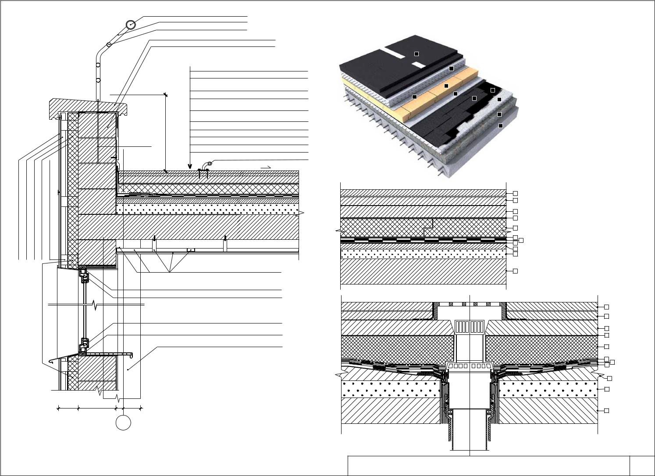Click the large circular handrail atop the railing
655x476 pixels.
[130, 25]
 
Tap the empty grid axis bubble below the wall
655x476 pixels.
[123, 423]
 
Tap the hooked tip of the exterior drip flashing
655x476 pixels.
[51, 362]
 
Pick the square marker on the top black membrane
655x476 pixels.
[416, 53]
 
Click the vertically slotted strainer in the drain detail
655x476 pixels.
[469, 327]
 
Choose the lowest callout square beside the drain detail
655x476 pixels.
[606, 411]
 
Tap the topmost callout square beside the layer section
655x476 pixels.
[516, 193]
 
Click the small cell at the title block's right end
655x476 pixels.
[642, 465]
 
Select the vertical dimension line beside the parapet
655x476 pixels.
[166, 131]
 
